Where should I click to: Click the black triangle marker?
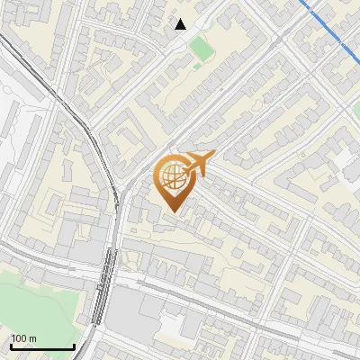click(x=181, y=24)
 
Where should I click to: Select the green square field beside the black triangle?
click(x=202, y=49)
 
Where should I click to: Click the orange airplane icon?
click(x=200, y=164)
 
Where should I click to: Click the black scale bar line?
click(x=41, y=347)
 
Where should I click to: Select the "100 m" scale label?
click(x=23, y=339)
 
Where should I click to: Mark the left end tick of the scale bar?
click(x=11, y=346)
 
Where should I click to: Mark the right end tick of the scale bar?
click(x=73, y=346)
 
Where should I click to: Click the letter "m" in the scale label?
click(x=32, y=339)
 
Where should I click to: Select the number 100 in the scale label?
click(x=19, y=339)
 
